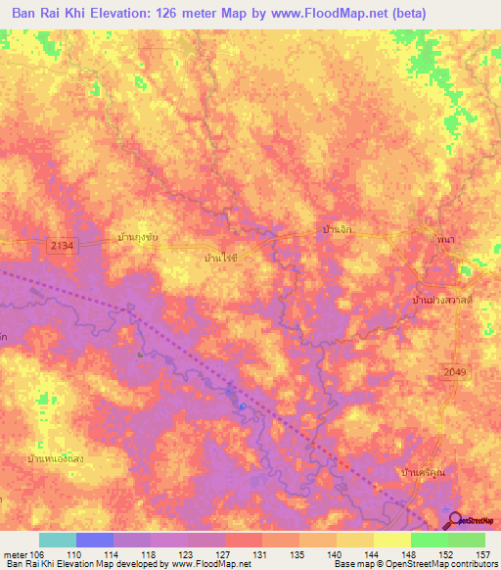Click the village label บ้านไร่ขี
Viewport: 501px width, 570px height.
[216, 259]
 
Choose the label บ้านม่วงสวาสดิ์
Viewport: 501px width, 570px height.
[443, 300]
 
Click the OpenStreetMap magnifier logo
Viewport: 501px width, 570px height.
[456, 519]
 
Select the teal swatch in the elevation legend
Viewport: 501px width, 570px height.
[57, 540]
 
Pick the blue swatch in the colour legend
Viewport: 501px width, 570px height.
[95, 540]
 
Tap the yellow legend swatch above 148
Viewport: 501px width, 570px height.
[392, 540]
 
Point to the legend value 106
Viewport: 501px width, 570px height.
[38, 554]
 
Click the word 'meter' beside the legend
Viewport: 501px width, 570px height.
[15, 554]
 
